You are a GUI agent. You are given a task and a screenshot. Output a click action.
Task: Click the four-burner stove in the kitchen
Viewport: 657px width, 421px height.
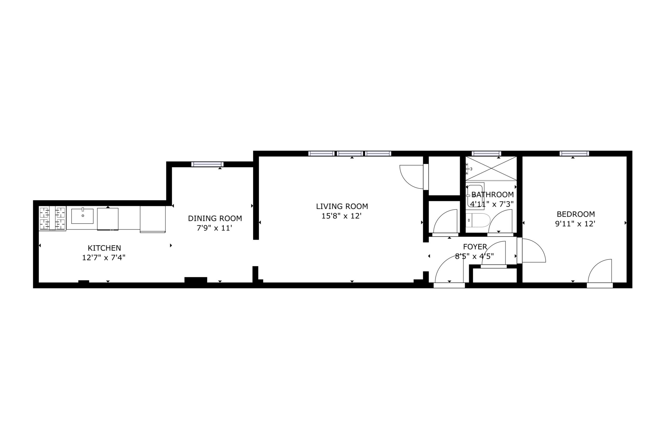coord(53,218)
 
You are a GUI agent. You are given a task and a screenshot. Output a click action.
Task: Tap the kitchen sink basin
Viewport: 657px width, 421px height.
coord(82,216)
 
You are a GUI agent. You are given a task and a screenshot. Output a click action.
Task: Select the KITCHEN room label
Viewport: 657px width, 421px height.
coord(104,248)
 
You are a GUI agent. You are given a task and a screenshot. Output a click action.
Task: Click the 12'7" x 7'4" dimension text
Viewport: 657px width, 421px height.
coord(104,257)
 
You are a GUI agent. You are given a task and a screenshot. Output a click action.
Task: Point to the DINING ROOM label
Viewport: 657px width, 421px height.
coord(215,218)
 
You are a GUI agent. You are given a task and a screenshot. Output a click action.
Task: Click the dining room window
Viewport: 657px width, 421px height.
coord(207,164)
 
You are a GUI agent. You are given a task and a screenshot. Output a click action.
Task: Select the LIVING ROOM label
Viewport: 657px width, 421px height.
coord(342,206)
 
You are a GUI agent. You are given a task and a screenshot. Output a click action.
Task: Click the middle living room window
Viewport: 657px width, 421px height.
coord(350,153)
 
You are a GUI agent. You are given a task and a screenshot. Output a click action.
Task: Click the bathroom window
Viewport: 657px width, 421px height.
coord(486,153)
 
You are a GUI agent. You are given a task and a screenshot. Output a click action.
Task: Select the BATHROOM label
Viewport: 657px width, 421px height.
coord(492,195)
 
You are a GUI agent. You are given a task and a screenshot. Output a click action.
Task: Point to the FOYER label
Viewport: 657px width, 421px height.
coord(475,247)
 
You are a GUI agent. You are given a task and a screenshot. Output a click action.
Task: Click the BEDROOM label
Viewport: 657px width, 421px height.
coord(576,214)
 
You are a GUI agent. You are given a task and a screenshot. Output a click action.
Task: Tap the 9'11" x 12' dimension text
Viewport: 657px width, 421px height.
coord(575,224)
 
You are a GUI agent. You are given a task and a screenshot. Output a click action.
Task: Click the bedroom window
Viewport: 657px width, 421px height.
coord(574,153)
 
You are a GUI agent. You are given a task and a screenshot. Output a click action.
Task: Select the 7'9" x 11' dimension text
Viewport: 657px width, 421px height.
coord(214,228)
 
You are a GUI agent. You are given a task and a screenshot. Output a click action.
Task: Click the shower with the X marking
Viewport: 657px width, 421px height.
coord(491,168)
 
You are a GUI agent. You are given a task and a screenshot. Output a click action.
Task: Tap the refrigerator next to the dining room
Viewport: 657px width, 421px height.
coord(153,219)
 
